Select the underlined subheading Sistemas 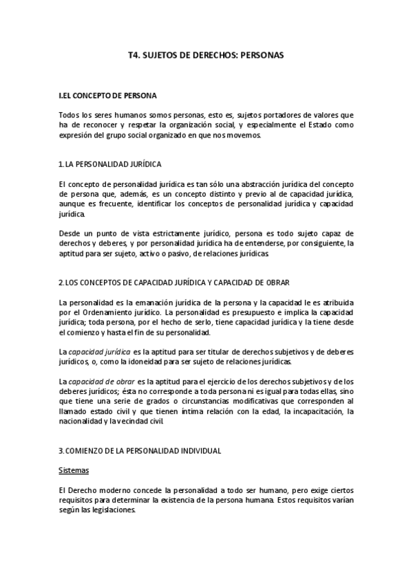74,471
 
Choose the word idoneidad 153,362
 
